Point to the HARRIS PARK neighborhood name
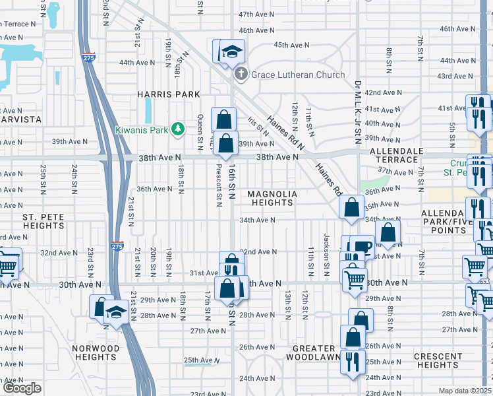pos(168,94)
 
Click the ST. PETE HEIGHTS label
pos(43,221)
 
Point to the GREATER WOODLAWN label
pos(310,352)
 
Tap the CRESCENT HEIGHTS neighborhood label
pos(438,360)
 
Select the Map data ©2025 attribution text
pos(465,391)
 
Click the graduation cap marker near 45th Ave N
pos(231,51)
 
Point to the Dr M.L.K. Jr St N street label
pos(358,112)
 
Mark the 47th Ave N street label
pos(256,14)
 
